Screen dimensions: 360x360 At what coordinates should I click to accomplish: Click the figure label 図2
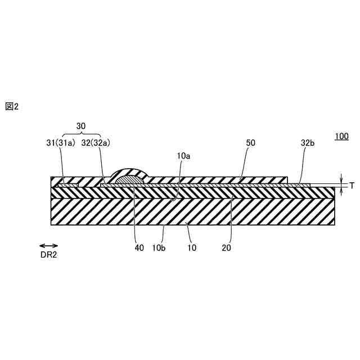(12, 106)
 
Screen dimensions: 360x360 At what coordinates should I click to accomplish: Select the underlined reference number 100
(341, 136)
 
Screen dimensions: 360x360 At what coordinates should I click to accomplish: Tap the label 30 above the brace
(82, 127)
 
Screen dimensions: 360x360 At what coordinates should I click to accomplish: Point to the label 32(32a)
(96, 143)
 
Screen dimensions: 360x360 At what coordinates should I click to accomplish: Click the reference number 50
(251, 143)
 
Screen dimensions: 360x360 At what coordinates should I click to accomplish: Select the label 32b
(307, 143)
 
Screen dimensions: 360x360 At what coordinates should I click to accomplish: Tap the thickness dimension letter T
(352, 185)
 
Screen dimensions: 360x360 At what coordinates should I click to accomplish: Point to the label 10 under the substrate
(191, 246)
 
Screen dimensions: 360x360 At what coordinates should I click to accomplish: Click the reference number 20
(227, 246)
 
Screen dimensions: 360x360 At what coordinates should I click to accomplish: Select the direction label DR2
(48, 255)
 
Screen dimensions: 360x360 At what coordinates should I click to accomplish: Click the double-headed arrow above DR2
(48, 246)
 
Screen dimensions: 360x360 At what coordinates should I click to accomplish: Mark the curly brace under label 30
(82, 135)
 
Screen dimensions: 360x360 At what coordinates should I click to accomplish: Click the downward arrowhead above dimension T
(341, 179)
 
